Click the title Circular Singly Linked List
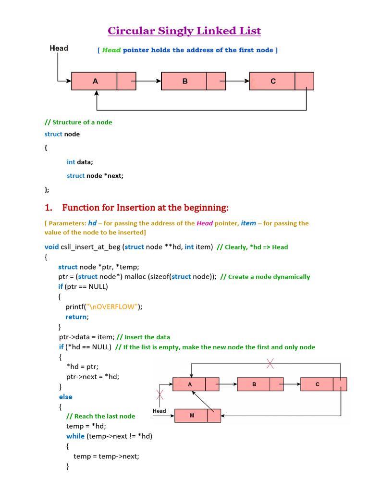184,31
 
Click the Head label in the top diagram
59,48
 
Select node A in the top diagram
95,81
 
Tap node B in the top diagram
184,81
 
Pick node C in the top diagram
273,81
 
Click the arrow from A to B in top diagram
148,81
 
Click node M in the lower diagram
192,416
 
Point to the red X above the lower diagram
271,364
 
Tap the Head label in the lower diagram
159,411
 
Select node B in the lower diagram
254,384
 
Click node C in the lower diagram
317,384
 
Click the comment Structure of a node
78,122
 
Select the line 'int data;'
80,162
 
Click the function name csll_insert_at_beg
91,247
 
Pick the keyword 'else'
66,397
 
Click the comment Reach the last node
101,416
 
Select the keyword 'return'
77,317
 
